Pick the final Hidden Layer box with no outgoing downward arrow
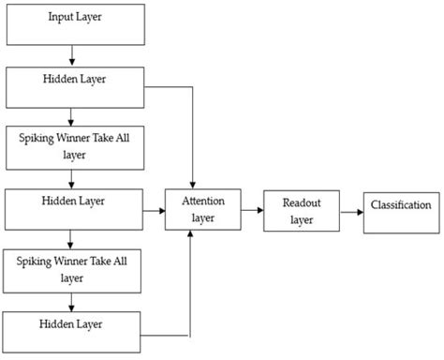[75, 330]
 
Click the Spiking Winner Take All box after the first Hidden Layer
[75, 145]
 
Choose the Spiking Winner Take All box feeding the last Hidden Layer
[75, 268]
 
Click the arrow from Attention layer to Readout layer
[251, 212]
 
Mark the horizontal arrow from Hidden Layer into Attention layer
[155, 212]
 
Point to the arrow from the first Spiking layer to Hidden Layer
[72, 178]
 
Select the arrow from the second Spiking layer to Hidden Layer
[72, 301]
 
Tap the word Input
[63, 16]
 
